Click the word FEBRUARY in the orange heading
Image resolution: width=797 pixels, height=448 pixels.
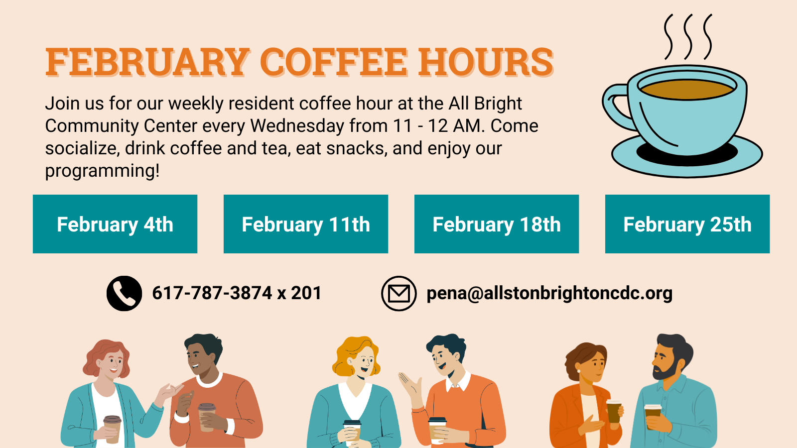pos(147,62)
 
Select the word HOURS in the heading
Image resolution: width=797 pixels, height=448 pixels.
pos(486,62)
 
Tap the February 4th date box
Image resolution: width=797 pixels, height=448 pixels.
pos(115,224)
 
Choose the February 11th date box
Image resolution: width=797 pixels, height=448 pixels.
pos(306,224)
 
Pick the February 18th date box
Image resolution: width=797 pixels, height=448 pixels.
pos(497,224)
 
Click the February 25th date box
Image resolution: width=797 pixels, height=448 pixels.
pos(687,224)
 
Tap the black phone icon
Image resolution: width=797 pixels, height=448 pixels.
pos(124,293)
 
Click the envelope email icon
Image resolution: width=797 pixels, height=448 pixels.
pos(399,293)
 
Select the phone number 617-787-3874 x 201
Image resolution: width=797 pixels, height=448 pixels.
pos(237,293)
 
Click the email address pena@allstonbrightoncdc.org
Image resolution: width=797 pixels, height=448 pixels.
pos(549,294)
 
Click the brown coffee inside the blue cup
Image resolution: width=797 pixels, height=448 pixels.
pos(687,89)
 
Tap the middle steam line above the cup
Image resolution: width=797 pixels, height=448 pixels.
pos(688,37)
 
